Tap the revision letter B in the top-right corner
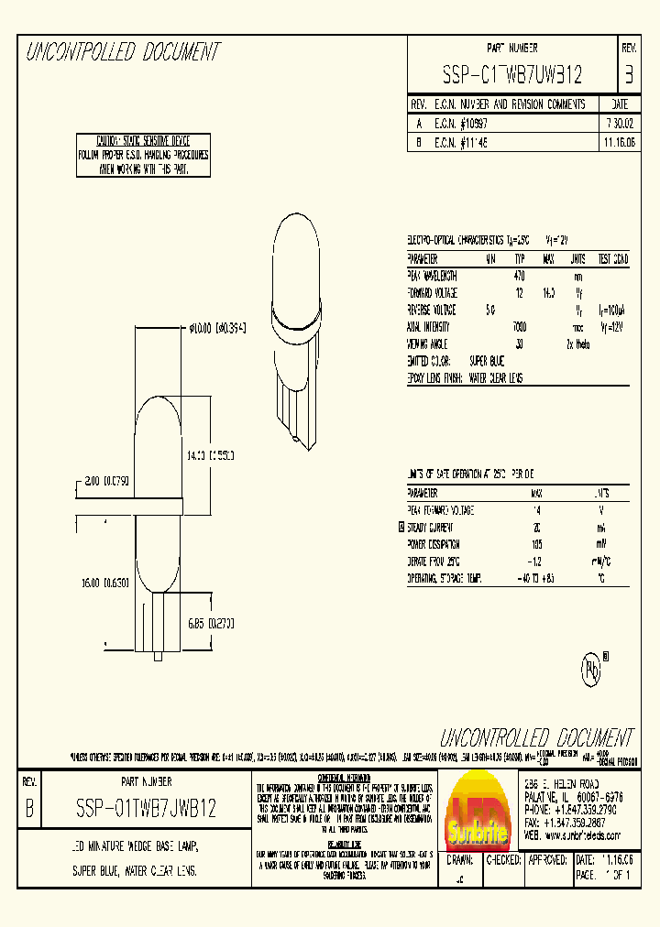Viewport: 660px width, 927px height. pyautogui.click(x=628, y=73)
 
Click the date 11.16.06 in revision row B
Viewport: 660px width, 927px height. pyautogui.click(x=619, y=144)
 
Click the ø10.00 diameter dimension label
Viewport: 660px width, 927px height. pyautogui.click(x=217, y=328)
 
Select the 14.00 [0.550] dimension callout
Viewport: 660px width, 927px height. pyautogui.click(x=210, y=454)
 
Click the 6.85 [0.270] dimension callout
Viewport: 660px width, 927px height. pyautogui.click(x=210, y=623)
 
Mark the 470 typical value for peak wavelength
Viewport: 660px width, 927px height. pyautogui.click(x=519, y=276)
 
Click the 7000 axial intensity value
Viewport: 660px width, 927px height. pyautogui.click(x=519, y=326)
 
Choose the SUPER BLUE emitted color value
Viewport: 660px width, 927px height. pyautogui.click(x=487, y=361)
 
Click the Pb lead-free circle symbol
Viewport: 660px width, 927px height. pyautogui.click(x=590, y=670)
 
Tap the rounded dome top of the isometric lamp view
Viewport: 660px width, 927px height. pyautogui.click(x=296, y=238)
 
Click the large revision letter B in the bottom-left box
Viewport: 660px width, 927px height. pyautogui.click(x=28, y=809)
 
